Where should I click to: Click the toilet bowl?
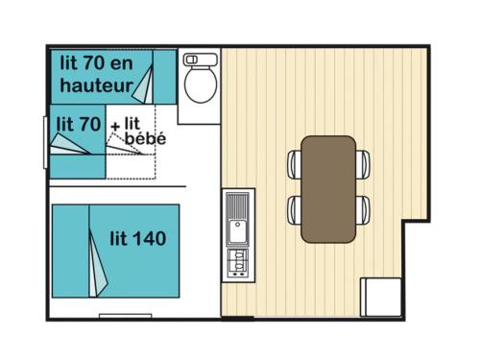[x=201, y=84]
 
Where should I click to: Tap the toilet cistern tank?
[x=201, y=60]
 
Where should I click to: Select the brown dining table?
[x=328, y=189]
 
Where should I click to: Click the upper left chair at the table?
[x=295, y=164]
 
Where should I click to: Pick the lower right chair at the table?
[x=363, y=210]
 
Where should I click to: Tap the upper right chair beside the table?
[x=363, y=164]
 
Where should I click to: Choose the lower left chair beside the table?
[x=295, y=210]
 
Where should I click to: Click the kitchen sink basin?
[x=237, y=231]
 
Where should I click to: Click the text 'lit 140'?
[x=138, y=238]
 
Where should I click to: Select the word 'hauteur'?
[x=96, y=85]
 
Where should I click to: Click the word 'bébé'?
[x=146, y=138]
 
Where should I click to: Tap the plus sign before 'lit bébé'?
[x=115, y=127]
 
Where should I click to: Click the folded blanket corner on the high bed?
[x=144, y=85]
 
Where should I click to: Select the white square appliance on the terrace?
[x=381, y=298]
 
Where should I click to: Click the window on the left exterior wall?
[x=45, y=142]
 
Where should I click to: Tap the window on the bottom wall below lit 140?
[x=125, y=316]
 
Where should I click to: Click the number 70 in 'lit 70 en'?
[x=93, y=62]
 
